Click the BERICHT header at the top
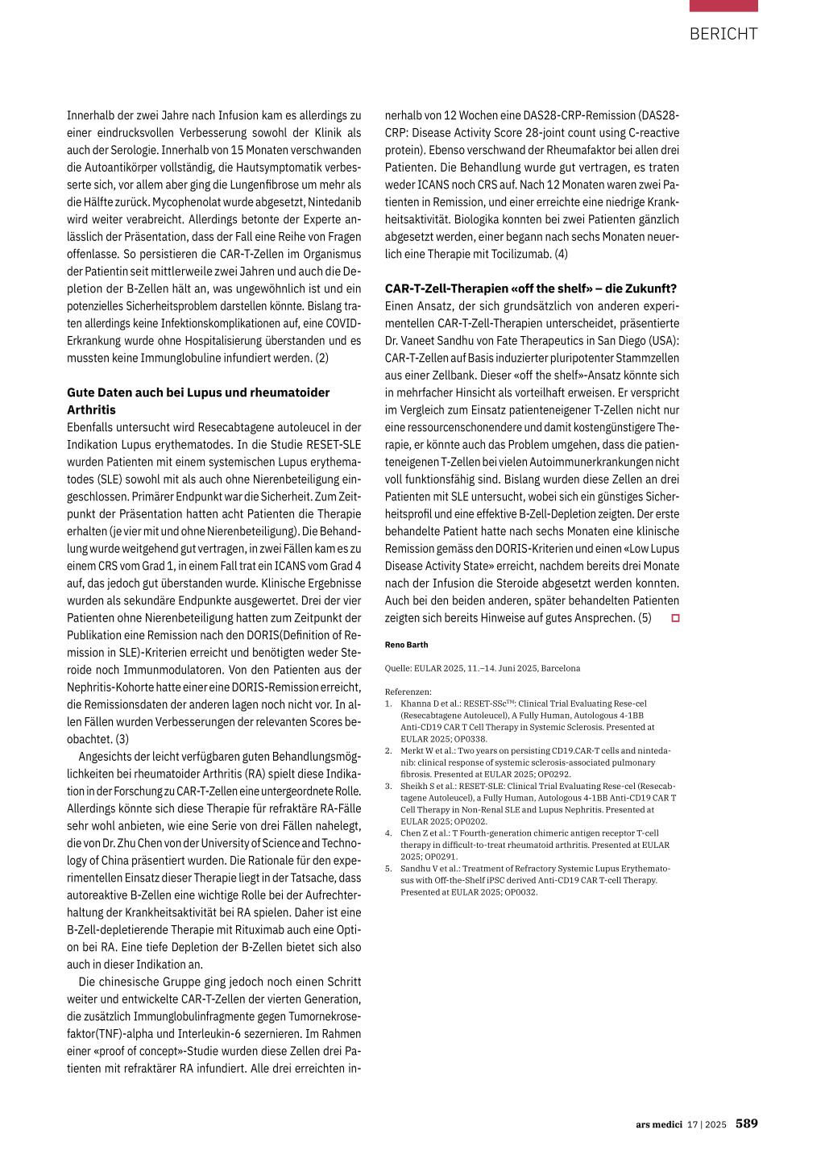click(x=723, y=34)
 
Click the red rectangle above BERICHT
click(x=723, y=6)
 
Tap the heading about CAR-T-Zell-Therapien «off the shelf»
click(x=530, y=289)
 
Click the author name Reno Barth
click(x=406, y=645)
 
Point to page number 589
click(x=746, y=1123)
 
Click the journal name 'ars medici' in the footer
click(x=658, y=1124)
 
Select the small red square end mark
click(x=675, y=618)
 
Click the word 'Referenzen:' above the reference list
click(x=408, y=691)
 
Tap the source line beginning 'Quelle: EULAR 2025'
click(x=482, y=668)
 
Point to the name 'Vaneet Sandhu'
click(x=440, y=341)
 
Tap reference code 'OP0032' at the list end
click(x=520, y=892)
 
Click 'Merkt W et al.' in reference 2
click(x=428, y=750)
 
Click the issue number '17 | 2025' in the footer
click(x=707, y=1124)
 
